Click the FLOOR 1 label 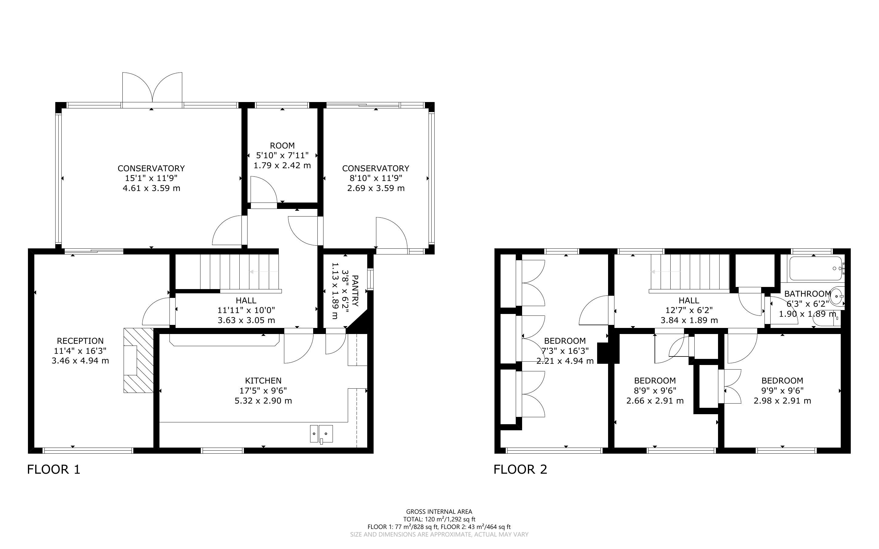tap(53, 469)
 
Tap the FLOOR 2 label tap(520, 469)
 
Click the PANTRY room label tap(355, 291)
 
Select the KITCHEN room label tap(263, 380)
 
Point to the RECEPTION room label tap(80, 341)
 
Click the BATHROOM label tap(808, 294)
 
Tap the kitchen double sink tap(321, 434)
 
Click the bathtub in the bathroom tap(816, 268)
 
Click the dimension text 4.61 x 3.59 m tap(151, 188)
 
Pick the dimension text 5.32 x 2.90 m tap(263, 401)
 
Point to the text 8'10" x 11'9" tap(376, 178)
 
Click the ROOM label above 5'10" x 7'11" tap(282, 146)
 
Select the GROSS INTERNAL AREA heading tap(439, 512)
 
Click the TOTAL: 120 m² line tap(439, 519)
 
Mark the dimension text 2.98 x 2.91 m tap(782, 401)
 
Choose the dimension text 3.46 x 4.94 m tap(80, 360)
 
